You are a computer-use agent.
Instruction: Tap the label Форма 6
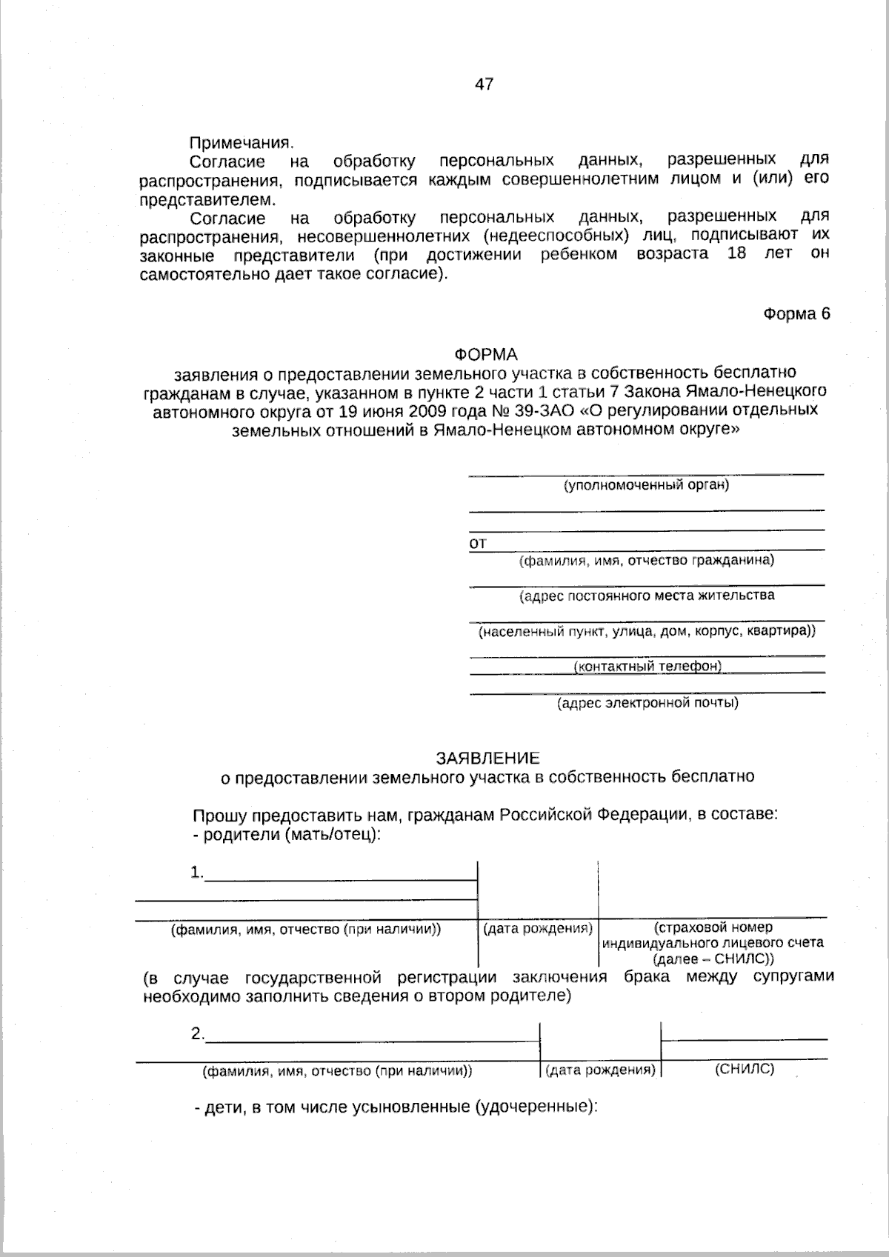pyautogui.click(x=796, y=313)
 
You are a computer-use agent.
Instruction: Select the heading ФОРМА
pyautogui.click(x=486, y=355)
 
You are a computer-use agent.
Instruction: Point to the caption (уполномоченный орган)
pyautogui.click(x=646, y=485)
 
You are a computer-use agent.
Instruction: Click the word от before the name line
pyautogui.click(x=478, y=544)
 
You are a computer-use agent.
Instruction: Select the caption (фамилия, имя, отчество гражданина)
pyautogui.click(x=646, y=560)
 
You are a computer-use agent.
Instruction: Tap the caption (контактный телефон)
pyautogui.click(x=647, y=666)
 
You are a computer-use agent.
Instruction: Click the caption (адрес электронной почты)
pyautogui.click(x=647, y=702)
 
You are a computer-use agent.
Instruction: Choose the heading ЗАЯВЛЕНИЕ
pyautogui.click(x=487, y=758)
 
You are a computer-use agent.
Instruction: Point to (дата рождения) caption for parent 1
pyautogui.click(x=537, y=928)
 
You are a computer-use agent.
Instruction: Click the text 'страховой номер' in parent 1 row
pyautogui.click(x=713, y=927)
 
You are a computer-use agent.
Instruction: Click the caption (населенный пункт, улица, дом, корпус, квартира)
pyautogui.click(x=646, y=632)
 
